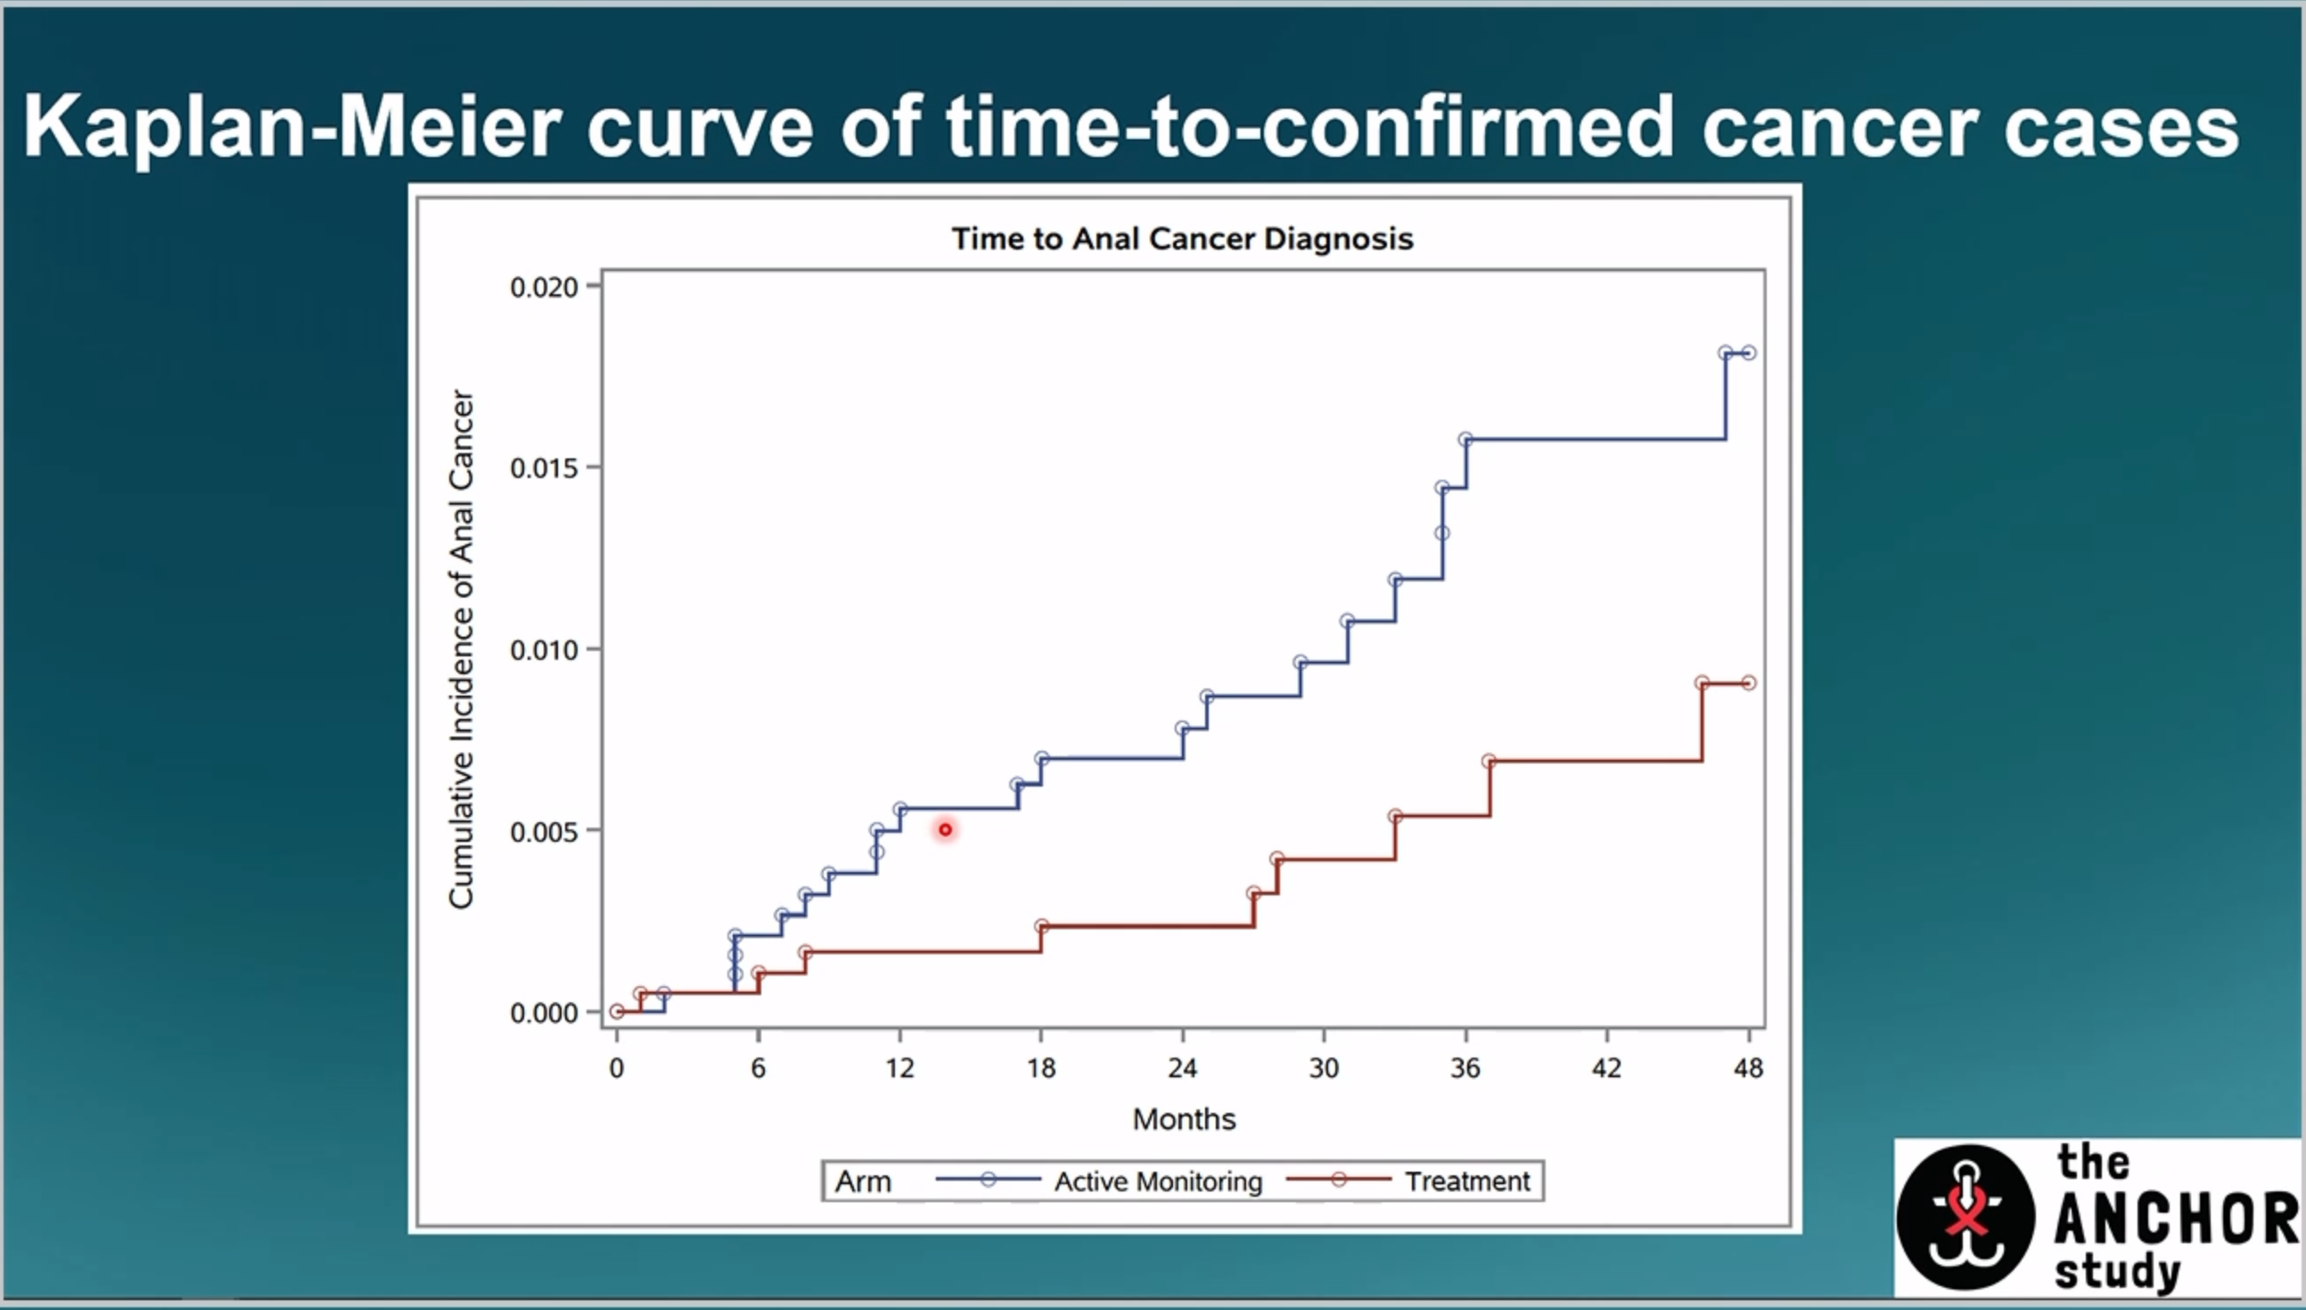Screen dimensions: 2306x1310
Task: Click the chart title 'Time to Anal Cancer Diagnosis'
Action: click(x=1183, y=238)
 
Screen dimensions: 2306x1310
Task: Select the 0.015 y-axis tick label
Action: click(x=543, y=468)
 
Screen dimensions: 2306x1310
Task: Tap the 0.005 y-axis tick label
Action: click(x=543, y=831)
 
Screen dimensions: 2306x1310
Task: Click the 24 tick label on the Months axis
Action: click(x=1183, y=1068)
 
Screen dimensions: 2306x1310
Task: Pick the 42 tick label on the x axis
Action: click(x=1607, y=1068)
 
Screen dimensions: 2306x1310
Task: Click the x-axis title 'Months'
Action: click(x=1184, y=1119)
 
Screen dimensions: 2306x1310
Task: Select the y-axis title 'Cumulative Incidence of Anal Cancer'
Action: click(x=462, y=648)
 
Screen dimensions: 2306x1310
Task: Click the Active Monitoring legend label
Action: click(x=1159, y=1182)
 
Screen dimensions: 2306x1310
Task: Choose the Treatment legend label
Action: click(x=1468, y=1182)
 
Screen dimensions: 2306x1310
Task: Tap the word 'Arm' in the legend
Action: click(x=863, y=1182)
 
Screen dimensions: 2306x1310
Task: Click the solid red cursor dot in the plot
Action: click(x=945, y=829)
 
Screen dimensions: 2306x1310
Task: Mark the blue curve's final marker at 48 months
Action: click(x=1748, y=353)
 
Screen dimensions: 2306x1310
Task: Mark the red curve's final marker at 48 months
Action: click(x=1748, y=683)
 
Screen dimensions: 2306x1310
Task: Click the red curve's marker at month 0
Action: click(x=617, y=1011)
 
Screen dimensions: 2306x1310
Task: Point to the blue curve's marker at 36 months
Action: click(x=1466, y=439)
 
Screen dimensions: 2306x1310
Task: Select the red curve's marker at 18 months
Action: click(x=1041, y=926)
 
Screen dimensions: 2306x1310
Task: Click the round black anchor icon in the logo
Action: click(x=1966, y=1216)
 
